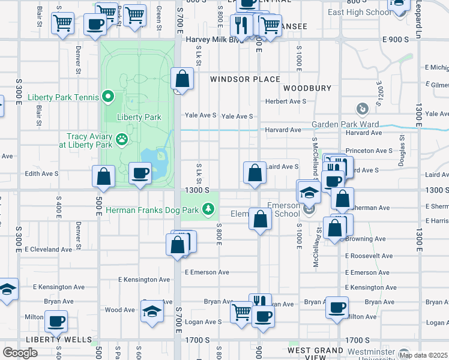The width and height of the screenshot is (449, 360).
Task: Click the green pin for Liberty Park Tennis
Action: coord(108,96)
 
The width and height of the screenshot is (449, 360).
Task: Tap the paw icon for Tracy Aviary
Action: coord(122,140)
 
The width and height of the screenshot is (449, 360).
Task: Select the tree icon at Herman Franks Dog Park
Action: coord(208,209)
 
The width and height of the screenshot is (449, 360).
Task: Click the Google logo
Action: coord(20,353)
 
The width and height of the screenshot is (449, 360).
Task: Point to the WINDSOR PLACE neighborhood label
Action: coord(245,79)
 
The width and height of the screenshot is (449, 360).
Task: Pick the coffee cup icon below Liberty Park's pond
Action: coord(140,173)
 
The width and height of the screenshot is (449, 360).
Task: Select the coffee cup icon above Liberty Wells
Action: coord(56,321)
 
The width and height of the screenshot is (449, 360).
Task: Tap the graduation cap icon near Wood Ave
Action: coord(152,311)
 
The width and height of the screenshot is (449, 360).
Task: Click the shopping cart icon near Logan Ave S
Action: coord(241,311)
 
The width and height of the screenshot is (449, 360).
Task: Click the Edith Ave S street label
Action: coord(41,173)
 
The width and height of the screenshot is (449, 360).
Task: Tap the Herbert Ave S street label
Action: coord(286,101)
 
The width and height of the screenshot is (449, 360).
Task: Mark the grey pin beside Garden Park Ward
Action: coord(363,109)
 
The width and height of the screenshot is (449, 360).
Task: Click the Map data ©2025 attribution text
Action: coord(423,355)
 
